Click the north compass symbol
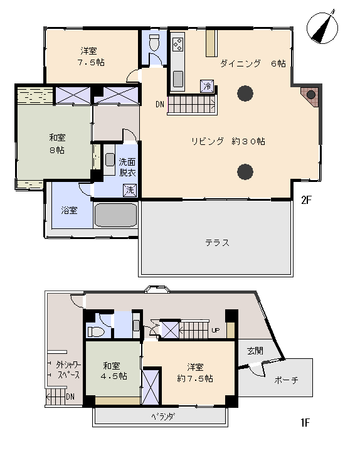(322, 28)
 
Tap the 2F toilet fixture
(154, 43)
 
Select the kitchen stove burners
(177, 44)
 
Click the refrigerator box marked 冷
(207, 86)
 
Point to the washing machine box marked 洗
(130, 190)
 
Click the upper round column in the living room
(245, 93)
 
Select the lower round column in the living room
(245, 172)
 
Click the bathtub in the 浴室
(115, 215)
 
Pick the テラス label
(218, 243)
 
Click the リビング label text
(208, 141)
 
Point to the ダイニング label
(240, 63)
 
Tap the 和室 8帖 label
(57, 144)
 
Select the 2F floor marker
(306, 200)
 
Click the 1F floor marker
(305, 423)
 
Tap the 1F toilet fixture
(95, 331)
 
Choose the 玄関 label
(255, 351)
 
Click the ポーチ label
(286, 380)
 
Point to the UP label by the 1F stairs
(216, 330)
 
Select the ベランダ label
(163, 417)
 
